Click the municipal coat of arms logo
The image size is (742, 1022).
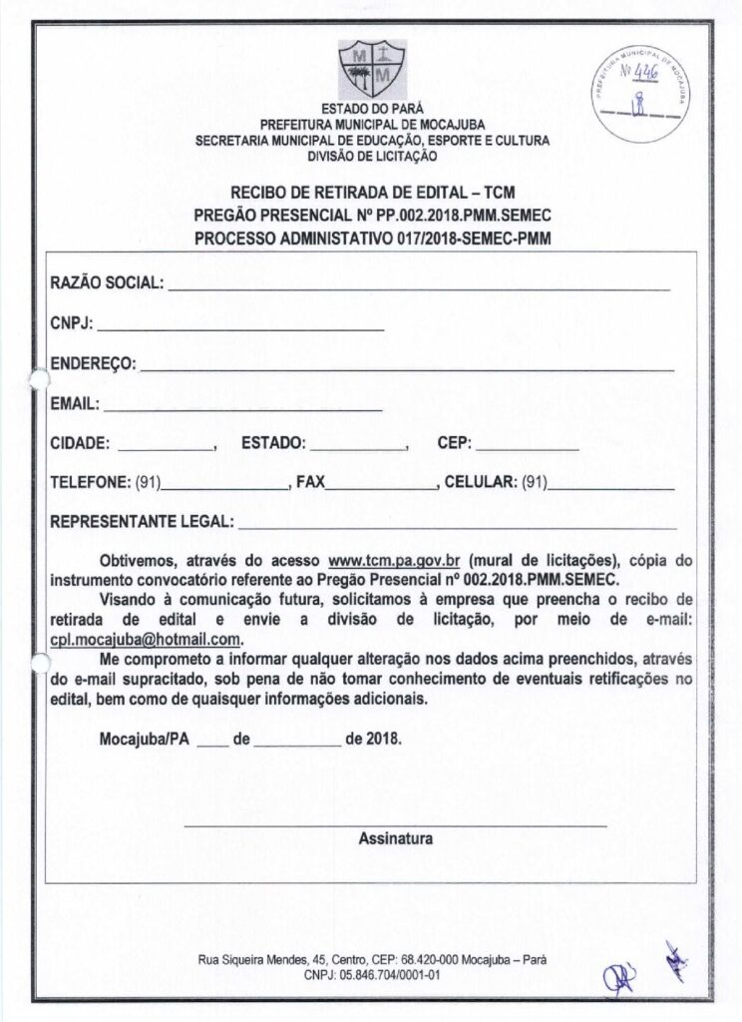(x=371, y=67)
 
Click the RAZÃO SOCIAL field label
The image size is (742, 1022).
(x=107, y=283)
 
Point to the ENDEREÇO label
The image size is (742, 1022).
(x=93, y=364)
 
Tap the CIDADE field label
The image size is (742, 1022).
(x=80, y=444)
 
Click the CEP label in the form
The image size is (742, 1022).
(x=454, y=444)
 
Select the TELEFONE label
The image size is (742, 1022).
(x=90, y=483)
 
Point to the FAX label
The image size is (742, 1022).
(x=310, y=483)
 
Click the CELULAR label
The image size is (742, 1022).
(x=480, y=483)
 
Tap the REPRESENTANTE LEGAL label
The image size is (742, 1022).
(x=142, y=521)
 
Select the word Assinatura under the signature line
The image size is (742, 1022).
(x=395, y=839)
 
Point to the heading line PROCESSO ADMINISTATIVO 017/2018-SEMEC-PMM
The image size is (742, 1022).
(x=372, y=240)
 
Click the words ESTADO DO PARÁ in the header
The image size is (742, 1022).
(x=372, y=109)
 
